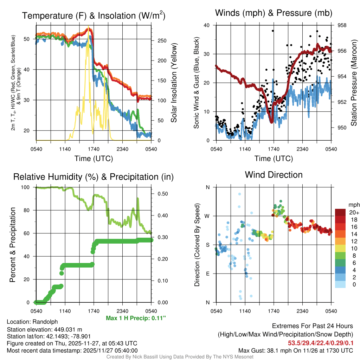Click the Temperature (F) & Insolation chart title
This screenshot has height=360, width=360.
coord(94,16)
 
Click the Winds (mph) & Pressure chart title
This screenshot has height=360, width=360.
coord(274,13)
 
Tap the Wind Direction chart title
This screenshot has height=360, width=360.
coord(274,175)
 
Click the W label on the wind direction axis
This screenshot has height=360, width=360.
coord(208,216)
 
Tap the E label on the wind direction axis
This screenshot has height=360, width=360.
coord(208,274)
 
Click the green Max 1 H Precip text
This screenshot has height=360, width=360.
coord(135,318)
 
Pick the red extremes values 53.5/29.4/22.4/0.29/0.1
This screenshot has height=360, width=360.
coord(320,343)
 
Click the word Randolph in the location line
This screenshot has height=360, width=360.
coord(45,322)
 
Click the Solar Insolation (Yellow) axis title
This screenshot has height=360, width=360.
coord(174,83)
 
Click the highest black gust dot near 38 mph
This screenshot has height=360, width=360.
coord(272,31)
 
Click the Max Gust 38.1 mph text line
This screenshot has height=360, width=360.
coord(295,351)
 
